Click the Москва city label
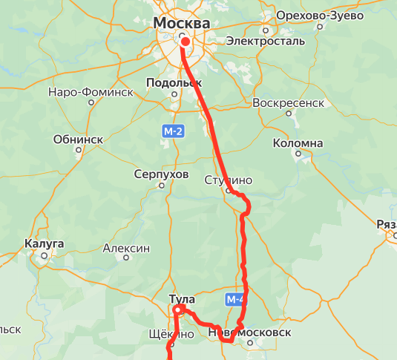(x=181, y=24)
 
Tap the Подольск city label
(x=174, y=83)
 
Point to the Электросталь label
(x=265, y=41)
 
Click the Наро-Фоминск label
(x=90, y=93)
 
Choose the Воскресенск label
(x=289, y=102)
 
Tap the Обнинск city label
(x=78, y=139)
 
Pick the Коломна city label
(x=298, y=143)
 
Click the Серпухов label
(x=162, y=174)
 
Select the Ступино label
(x=229, y=180)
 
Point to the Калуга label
(x=45, y=243)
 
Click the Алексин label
(x=127, y=249)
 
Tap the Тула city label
(x=182, y=299)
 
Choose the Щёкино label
(x=171, y=335)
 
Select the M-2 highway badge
(x=173, y=131)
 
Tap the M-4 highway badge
(x=234, y=299)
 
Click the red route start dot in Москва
(x=186, y=42)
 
